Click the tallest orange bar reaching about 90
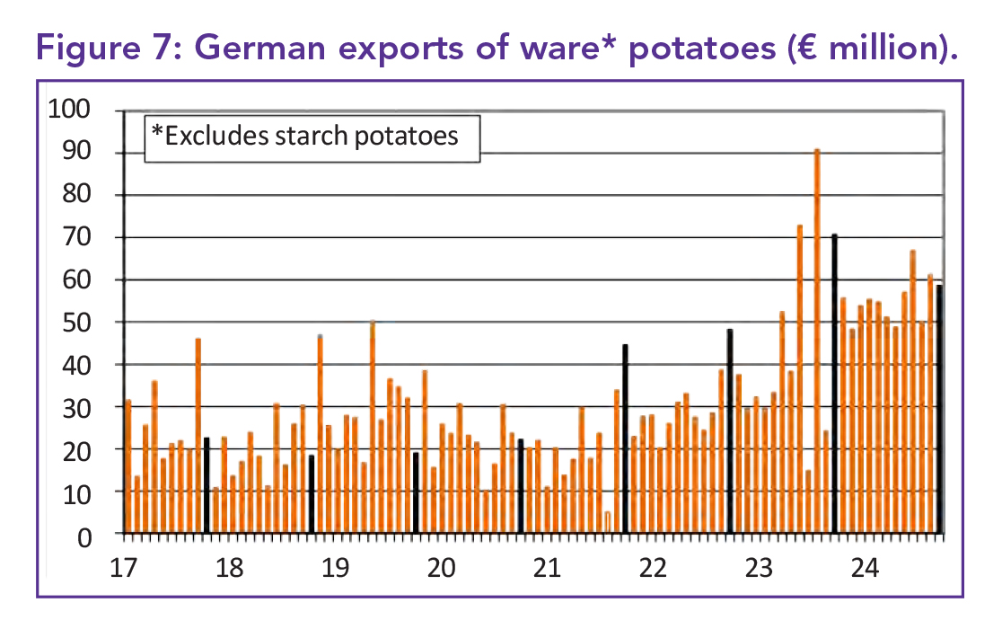tap(817, 341)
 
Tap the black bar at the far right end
tap(939, 409)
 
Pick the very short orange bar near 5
tap(608, 522)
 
